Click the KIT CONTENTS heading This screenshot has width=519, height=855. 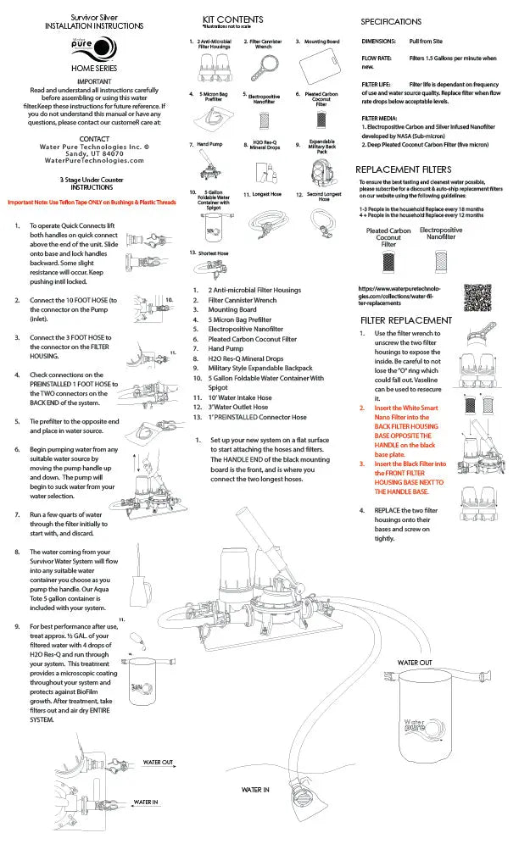point(232,19)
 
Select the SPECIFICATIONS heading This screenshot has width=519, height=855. point(391,21)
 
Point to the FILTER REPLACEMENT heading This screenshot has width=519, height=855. point(406,320)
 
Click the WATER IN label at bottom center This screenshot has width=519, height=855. point(255,790)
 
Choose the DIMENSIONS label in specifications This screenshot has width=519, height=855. point(378,40)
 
